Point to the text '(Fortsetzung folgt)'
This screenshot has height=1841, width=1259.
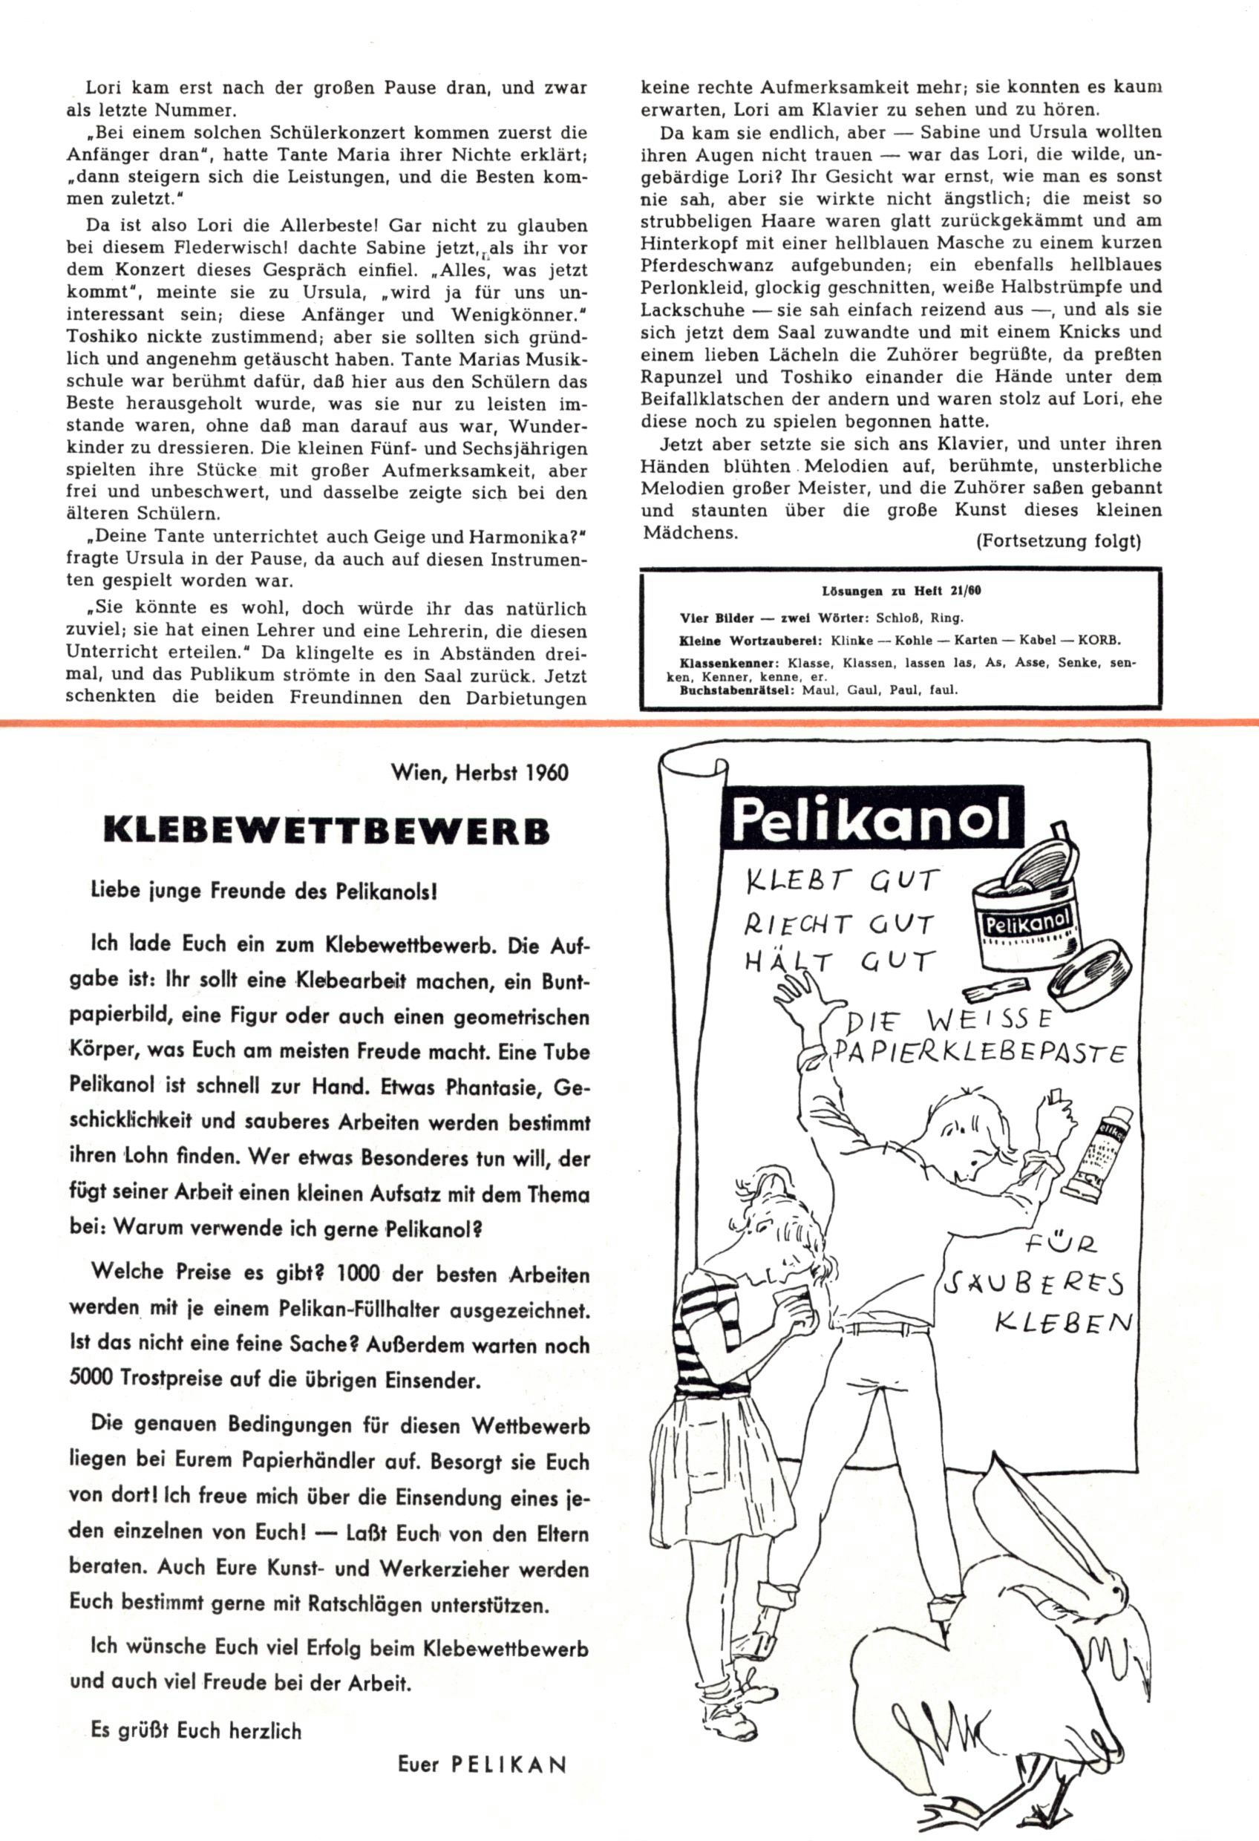(1058, 541)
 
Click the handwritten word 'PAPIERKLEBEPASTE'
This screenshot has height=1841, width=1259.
(978, 1052)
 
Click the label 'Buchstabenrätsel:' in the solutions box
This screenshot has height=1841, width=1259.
(739, 689)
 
